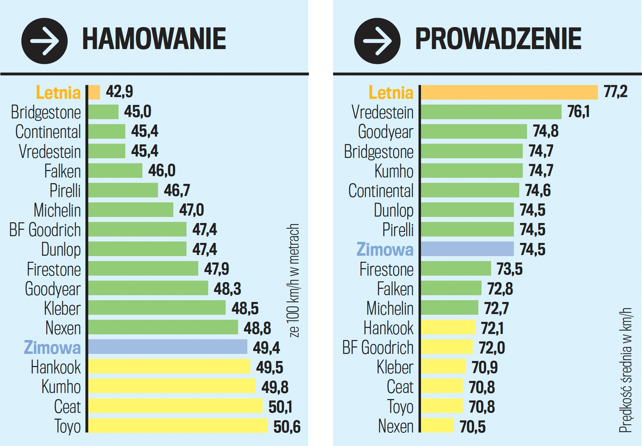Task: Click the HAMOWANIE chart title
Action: click(x=154, y=39)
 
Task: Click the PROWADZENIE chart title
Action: click(x=498, y=39)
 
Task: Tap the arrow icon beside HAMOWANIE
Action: click(x=44, y=41)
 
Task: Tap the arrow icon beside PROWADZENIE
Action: click(x=377, y=41)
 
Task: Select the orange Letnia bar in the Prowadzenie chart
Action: click(x=509, y=92)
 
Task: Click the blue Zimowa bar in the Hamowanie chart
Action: click(x=167, y=347)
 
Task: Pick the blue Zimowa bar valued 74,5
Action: click(x=467, y=249)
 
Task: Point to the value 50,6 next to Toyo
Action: click(x=287, y=426)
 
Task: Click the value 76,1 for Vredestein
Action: click(x=578, y=112)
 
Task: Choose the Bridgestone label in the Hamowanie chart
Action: click(x=46, y=112)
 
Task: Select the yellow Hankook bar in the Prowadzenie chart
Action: click(x=448, y=327)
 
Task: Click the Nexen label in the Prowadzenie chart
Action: click(x=396, y=426)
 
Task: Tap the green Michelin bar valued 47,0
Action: click(x=131, y=210)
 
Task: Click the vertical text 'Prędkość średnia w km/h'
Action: click(x=626, y=370)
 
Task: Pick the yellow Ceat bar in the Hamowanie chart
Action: click(x=175, y=406)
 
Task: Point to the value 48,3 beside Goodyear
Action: click(x=227, y=288)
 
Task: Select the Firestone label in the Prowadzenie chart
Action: click(x=386, y=269)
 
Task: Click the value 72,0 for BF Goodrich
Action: click(x=492, y=347)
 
